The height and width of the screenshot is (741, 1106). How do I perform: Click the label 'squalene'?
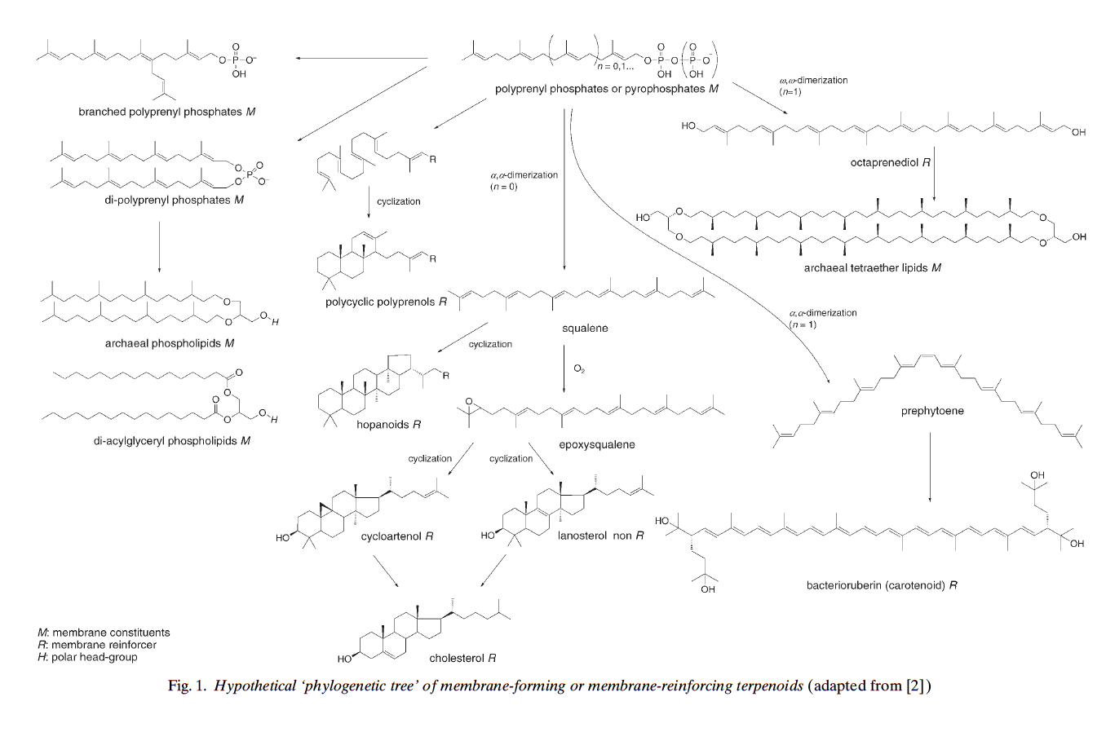pyautogui.click(x=585, y=329)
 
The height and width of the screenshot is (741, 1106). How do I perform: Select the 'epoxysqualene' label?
pyautogui.click(x=596, y=445)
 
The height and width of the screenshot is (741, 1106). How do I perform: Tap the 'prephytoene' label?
pyautogui.click(x=931, y=411)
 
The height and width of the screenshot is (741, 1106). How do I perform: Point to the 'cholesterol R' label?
pyautogui.click(x=462, y=658)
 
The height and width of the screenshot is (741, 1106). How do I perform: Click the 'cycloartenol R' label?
pyautogui.click(x=396, y=536)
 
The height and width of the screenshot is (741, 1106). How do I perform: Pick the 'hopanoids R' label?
pyautogui.click(x=388, y=425)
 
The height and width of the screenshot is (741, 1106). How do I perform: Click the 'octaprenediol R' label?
pyautogui.click(x=890, y=163)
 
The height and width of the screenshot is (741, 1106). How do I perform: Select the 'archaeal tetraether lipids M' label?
pyautogui.click(x=872, y=267)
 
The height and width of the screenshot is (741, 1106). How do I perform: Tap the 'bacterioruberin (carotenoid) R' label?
pyautogui.click(x=881, y=585)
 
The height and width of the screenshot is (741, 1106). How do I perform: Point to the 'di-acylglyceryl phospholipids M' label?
pyautogui.click(x=171, y=441)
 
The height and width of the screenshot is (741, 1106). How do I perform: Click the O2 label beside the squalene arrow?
pyautogui.click(x=579, y=369)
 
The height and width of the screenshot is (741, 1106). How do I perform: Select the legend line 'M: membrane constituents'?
pyautogui.click(x=104, y=633)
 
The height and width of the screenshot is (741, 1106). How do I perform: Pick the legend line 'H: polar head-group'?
pyautogui.click(x=87, y=657)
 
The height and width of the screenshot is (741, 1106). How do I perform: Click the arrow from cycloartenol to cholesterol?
pyautogui.click(x=386, y=571)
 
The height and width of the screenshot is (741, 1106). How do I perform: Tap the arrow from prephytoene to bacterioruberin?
pyautogui.click(x=931, y=468)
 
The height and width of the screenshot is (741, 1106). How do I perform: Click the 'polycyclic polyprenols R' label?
pyautogui.click(x=386, y=302)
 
